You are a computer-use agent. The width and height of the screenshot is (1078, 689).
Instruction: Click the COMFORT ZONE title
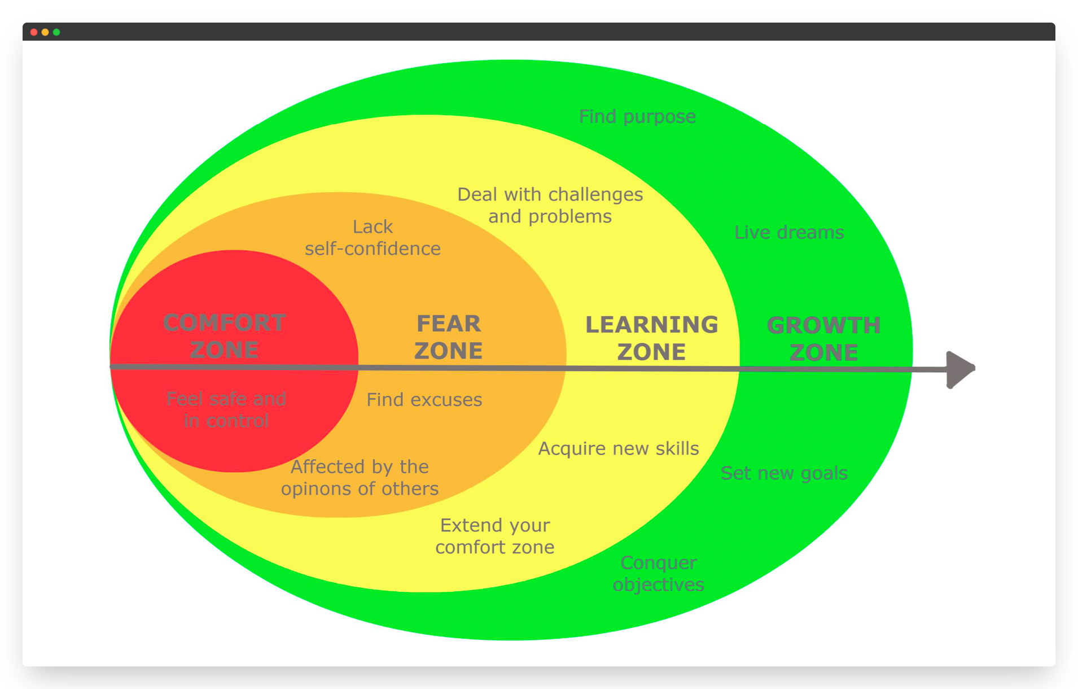point(225,335)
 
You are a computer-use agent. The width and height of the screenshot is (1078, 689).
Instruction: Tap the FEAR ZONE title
point(449,337)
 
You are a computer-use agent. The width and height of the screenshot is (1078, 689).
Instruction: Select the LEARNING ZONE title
point(652,338)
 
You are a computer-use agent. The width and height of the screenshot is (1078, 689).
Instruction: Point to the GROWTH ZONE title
point(824,338)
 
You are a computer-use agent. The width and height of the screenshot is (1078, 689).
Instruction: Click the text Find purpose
point(637,116)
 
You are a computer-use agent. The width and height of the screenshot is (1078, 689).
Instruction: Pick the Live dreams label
point(789,232)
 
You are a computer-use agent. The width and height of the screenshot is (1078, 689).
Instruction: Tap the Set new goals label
point(784,473)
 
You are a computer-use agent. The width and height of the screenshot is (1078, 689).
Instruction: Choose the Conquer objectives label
point(659,573)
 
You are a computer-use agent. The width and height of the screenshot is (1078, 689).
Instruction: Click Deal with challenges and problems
point(550,205)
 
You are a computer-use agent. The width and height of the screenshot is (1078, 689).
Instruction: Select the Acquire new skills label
point(619,448)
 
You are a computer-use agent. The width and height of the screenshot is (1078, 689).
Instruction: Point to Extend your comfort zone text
point(495,536)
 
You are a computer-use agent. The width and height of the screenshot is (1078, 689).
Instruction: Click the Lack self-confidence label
point(373,237)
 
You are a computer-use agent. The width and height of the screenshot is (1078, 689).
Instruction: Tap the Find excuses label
point(424,400)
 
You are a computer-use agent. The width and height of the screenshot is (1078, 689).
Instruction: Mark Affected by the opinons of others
point(360,477)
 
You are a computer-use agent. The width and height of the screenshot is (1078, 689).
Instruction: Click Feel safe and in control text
point(226,409)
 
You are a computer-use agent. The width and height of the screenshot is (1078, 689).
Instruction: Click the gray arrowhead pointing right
point(960,369)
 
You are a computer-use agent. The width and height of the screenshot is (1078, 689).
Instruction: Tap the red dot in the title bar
point(34,32)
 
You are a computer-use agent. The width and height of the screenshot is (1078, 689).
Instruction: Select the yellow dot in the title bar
point(45,32)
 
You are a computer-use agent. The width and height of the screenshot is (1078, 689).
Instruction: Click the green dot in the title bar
point(56,32)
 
